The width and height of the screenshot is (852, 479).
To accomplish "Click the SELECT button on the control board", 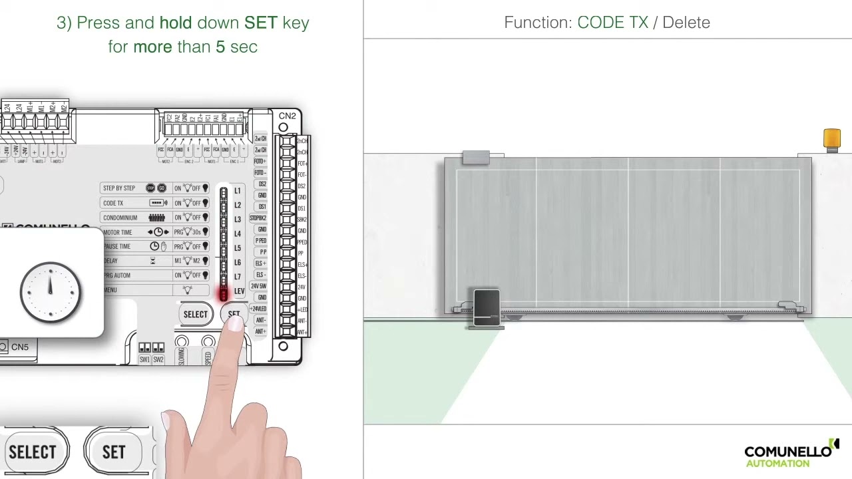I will [x=195, y=315].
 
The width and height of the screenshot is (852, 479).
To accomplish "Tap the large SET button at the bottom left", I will [x=114, y=452].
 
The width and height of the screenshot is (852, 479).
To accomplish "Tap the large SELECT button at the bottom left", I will [x=33, y=452].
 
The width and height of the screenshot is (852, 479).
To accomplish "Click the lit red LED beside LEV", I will [x=223, y=293].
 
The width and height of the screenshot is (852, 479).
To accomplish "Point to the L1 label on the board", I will [x=237, y=191].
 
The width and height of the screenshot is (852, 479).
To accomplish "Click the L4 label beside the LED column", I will [x=237, y=234].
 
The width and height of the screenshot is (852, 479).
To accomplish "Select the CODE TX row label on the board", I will [x=113, y=203].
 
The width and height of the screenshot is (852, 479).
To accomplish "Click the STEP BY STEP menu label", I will [x=119, y=188].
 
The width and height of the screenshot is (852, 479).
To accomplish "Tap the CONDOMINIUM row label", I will [x=120, y=218].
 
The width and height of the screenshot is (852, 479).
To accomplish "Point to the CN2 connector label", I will [x=288, y=116].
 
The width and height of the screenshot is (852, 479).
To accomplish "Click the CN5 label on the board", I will [x=20, y=347].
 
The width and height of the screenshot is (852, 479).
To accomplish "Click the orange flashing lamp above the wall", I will [x=831, y=138].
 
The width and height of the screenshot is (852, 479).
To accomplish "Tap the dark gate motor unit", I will [x=487, y=307].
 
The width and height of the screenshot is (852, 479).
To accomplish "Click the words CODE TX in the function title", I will [x=612, y=23].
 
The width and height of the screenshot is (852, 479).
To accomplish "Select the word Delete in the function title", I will [x=686, y=23].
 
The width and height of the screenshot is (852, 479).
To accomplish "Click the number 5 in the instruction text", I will [x=220, y=47].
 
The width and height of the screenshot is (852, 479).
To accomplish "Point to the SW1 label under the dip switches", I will [x=144, y=360].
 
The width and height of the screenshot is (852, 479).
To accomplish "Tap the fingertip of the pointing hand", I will [x=234, y=322].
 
